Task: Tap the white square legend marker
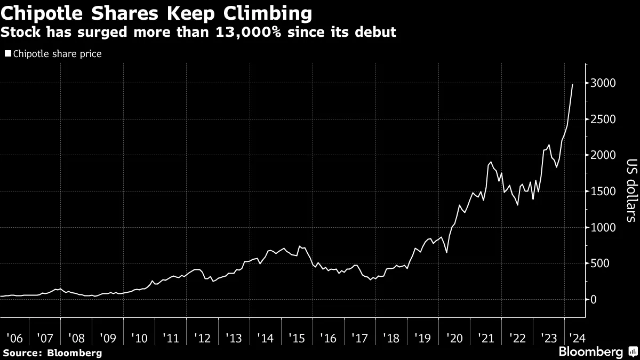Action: [x=8, y=54]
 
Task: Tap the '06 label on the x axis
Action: [x=15, y=338]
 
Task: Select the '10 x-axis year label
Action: [x=140, y=338]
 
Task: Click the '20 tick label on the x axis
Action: [x=455, y=338]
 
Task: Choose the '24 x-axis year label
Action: [x=576, y=338]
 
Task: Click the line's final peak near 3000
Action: [x=573, y=84]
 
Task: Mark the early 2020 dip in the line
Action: [x=446, y=252]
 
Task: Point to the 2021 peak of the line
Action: [x=491, y=162]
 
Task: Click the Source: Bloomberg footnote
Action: [x=52, y=353]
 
